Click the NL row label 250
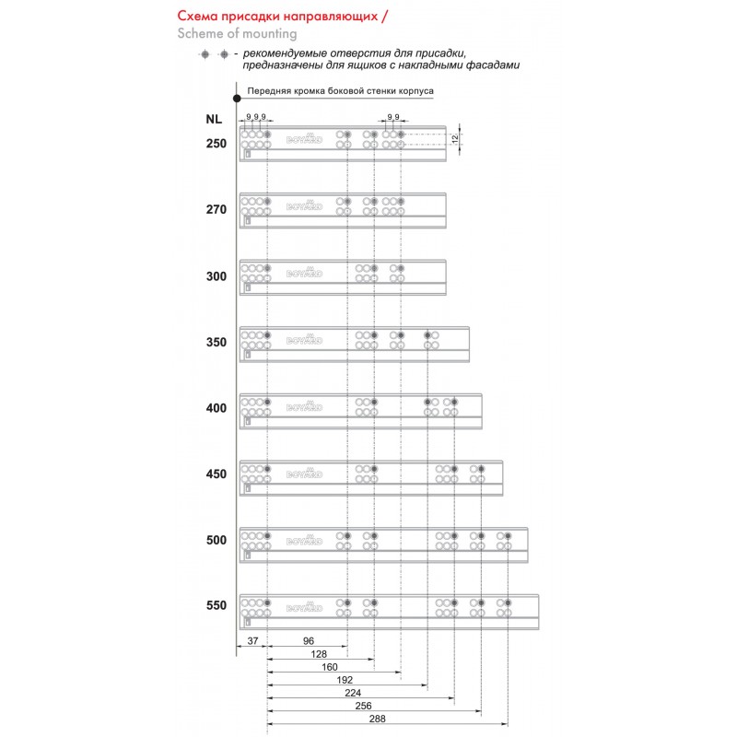[x=216, y=143]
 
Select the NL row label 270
[x=216, y=209]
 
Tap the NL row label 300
[x=216, y=275]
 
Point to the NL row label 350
[x=216, y=342]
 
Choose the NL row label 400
[x=216, y=407]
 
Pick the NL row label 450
[x=216, y=474]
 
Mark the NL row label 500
[x=216, y=540]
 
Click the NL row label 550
[x=216, y=606]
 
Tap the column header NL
[x=214, y=118]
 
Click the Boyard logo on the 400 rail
[x=305, y=405]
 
